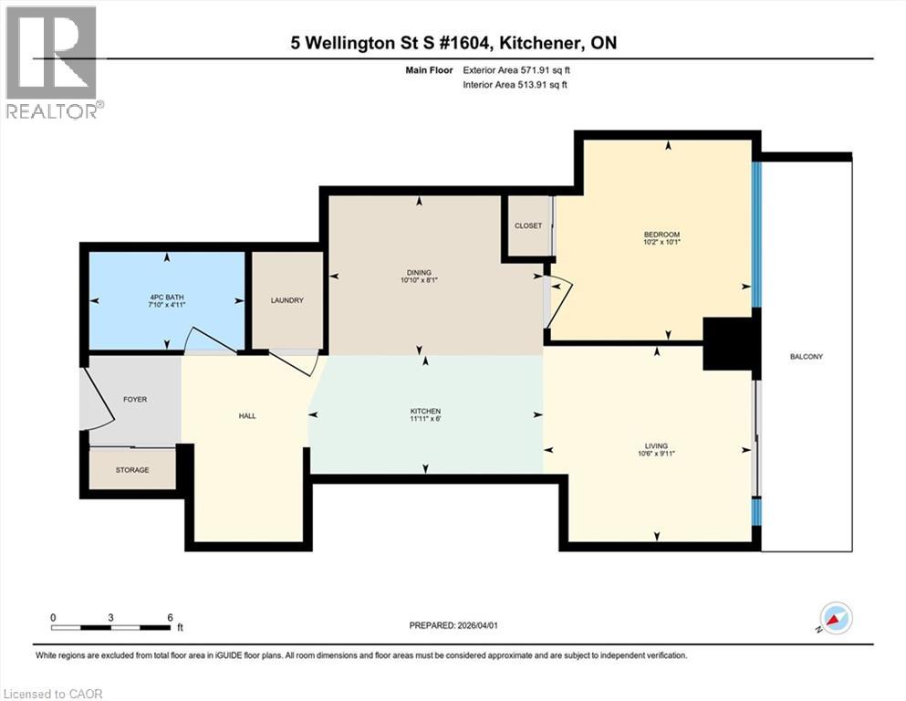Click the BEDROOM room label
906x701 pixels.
point(661,235)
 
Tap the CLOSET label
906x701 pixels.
point(528,225)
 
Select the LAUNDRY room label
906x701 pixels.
point(286,300)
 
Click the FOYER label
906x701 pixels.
point(135,399)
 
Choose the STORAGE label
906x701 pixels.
point(133,469)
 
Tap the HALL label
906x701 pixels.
point(247,415)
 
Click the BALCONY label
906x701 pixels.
point(807,356)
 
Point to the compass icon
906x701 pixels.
point(835,619)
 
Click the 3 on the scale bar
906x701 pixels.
point(110,617)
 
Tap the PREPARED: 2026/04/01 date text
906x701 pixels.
point(453,625)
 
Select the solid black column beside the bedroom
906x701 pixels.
point(731,344)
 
